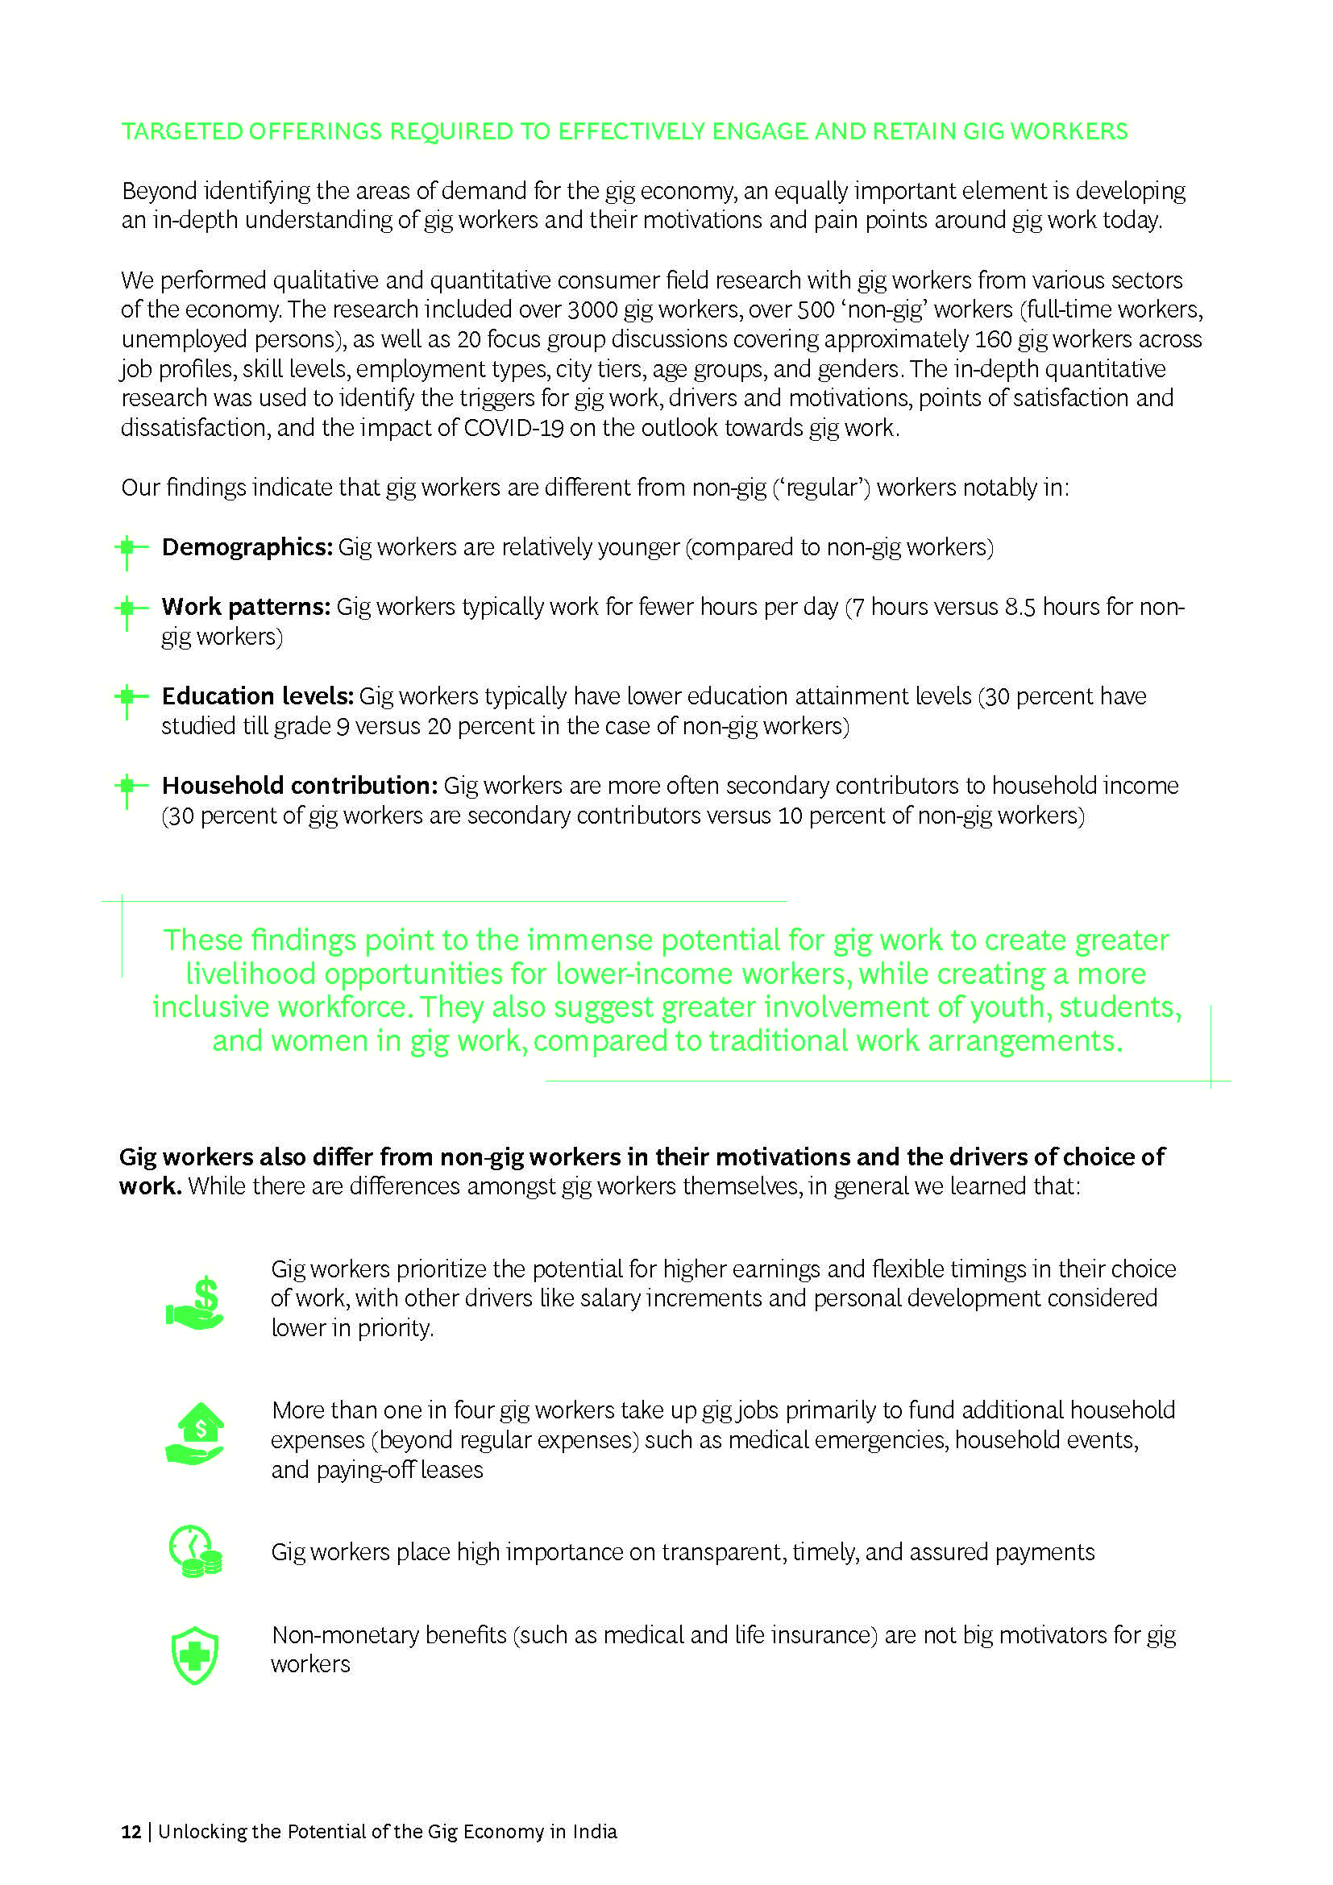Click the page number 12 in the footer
[131, 1831]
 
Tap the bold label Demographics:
[247, 546]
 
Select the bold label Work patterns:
[246, 607]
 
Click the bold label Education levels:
[257, 696]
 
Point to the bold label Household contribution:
[299, 786]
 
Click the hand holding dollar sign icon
[195, 1303]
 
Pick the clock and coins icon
[195, 1551]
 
